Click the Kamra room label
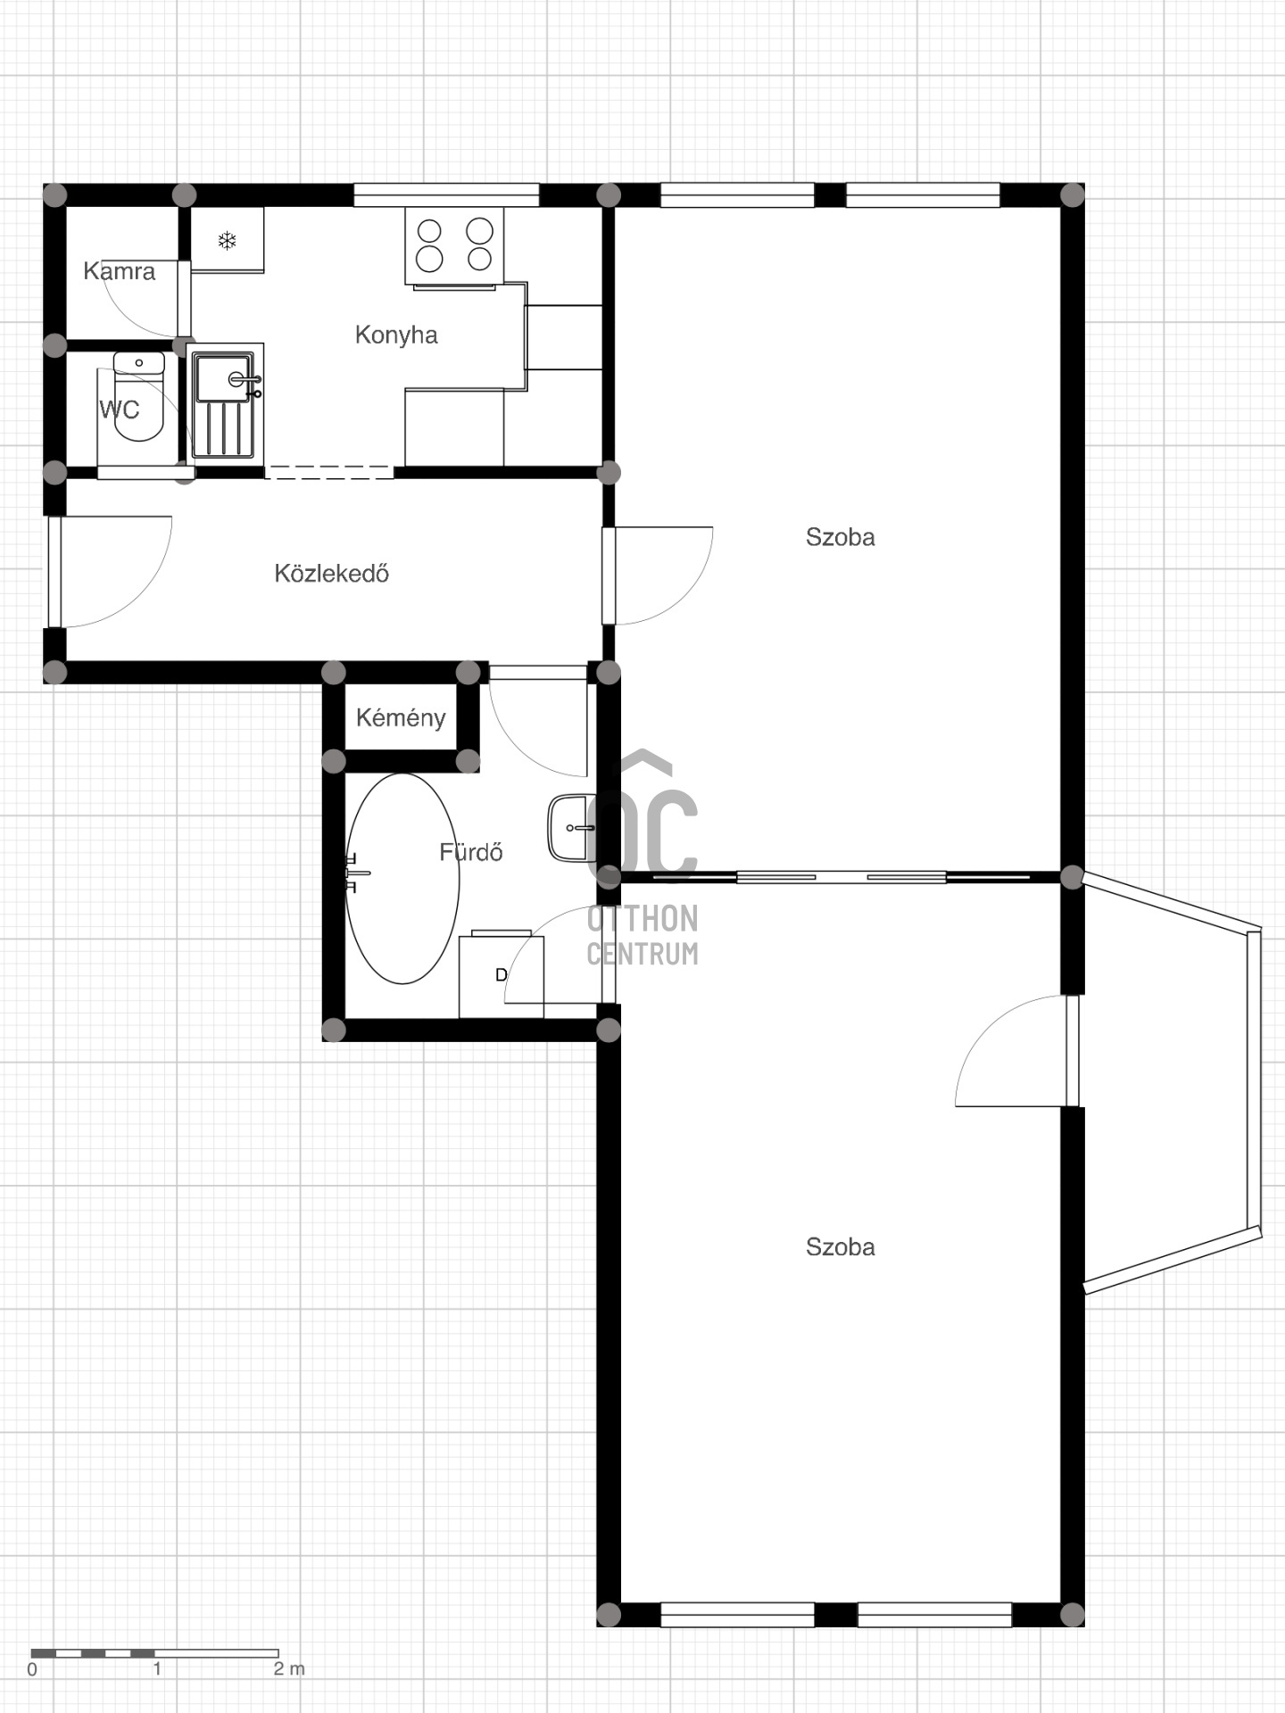coord(119,271)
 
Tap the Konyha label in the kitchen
coord(396,335)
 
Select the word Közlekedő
coord(331,573)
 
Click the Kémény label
coord(401,717)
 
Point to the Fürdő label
coord(471,852)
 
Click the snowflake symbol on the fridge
coord(228,240)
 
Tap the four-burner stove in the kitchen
coord(454,246)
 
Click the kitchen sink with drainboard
coord(224,404)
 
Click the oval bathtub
coord(402,879)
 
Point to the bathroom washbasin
coord(571,829)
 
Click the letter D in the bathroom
coord(501,975)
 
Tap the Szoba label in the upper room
coord(840,537)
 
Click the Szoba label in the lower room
coord(840,1247)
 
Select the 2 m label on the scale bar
coord(289,1668)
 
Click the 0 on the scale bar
coord(33,1669)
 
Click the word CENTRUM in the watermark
coord(642,954)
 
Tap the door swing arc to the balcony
coord(992,1026)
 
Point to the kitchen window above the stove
coord(446,194)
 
